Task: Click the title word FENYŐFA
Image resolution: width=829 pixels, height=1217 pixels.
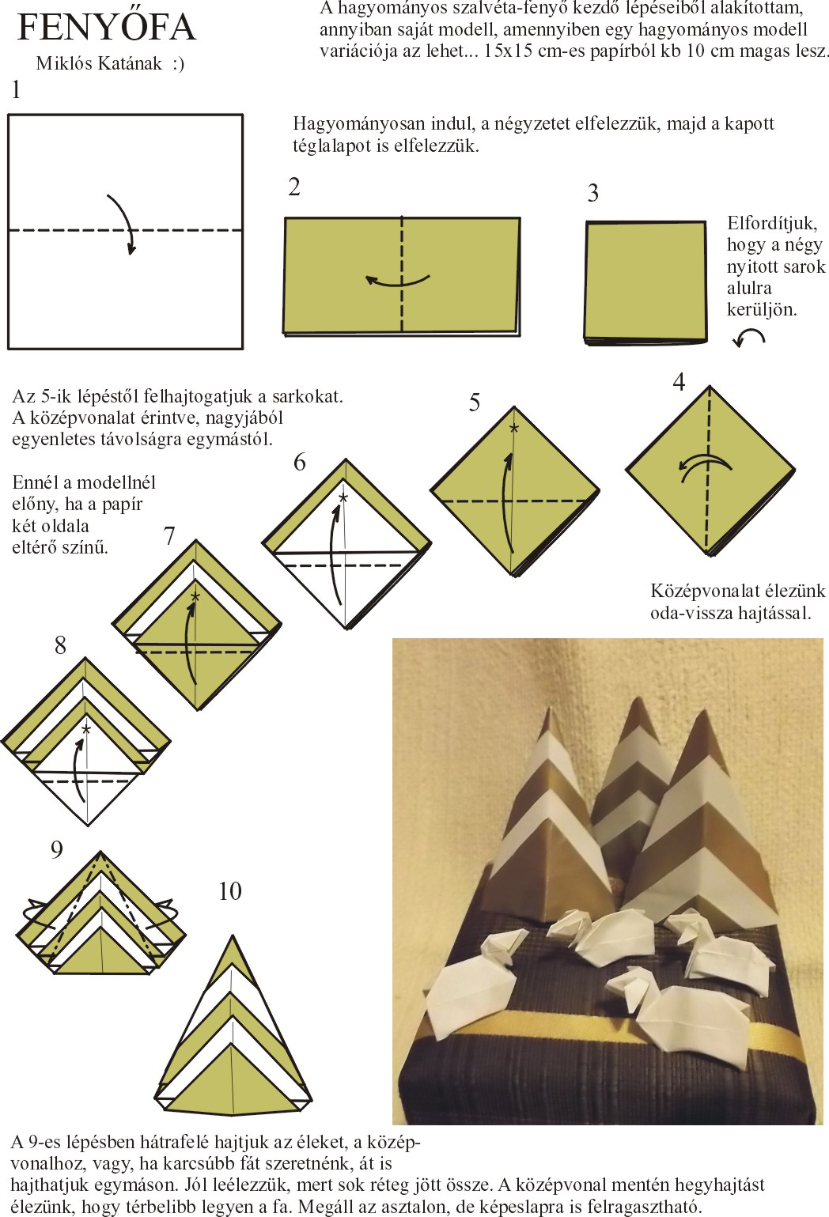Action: coord(107,26)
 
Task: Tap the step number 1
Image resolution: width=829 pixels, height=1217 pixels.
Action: coord(17,89)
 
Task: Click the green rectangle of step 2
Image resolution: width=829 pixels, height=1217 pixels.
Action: coord(402,276)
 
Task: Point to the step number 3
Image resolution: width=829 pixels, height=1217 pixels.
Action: coord(593,193)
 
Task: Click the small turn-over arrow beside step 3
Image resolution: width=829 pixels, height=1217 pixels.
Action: coord(748,338)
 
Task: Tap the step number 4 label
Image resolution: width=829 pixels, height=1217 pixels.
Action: coord(679,383)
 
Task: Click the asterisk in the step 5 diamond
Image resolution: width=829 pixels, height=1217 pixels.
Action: coord(513,428)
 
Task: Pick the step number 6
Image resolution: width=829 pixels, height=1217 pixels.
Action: coord(300,463)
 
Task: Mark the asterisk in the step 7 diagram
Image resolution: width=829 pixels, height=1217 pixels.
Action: coord(195,598)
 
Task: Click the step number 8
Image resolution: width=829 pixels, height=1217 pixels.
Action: coord(60,645)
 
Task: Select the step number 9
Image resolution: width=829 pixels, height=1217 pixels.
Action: coord(57,849)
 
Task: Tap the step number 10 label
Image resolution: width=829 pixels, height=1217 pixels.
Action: coord(230,891)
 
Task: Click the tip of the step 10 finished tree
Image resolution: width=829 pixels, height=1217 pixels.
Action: coord(233,935)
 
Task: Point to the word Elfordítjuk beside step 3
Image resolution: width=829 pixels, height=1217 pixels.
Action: coord(772,223)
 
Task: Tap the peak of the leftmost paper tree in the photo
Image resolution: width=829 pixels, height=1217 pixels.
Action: coord(548,709)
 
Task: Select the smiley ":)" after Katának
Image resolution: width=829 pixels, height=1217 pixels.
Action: coord(178,64)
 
